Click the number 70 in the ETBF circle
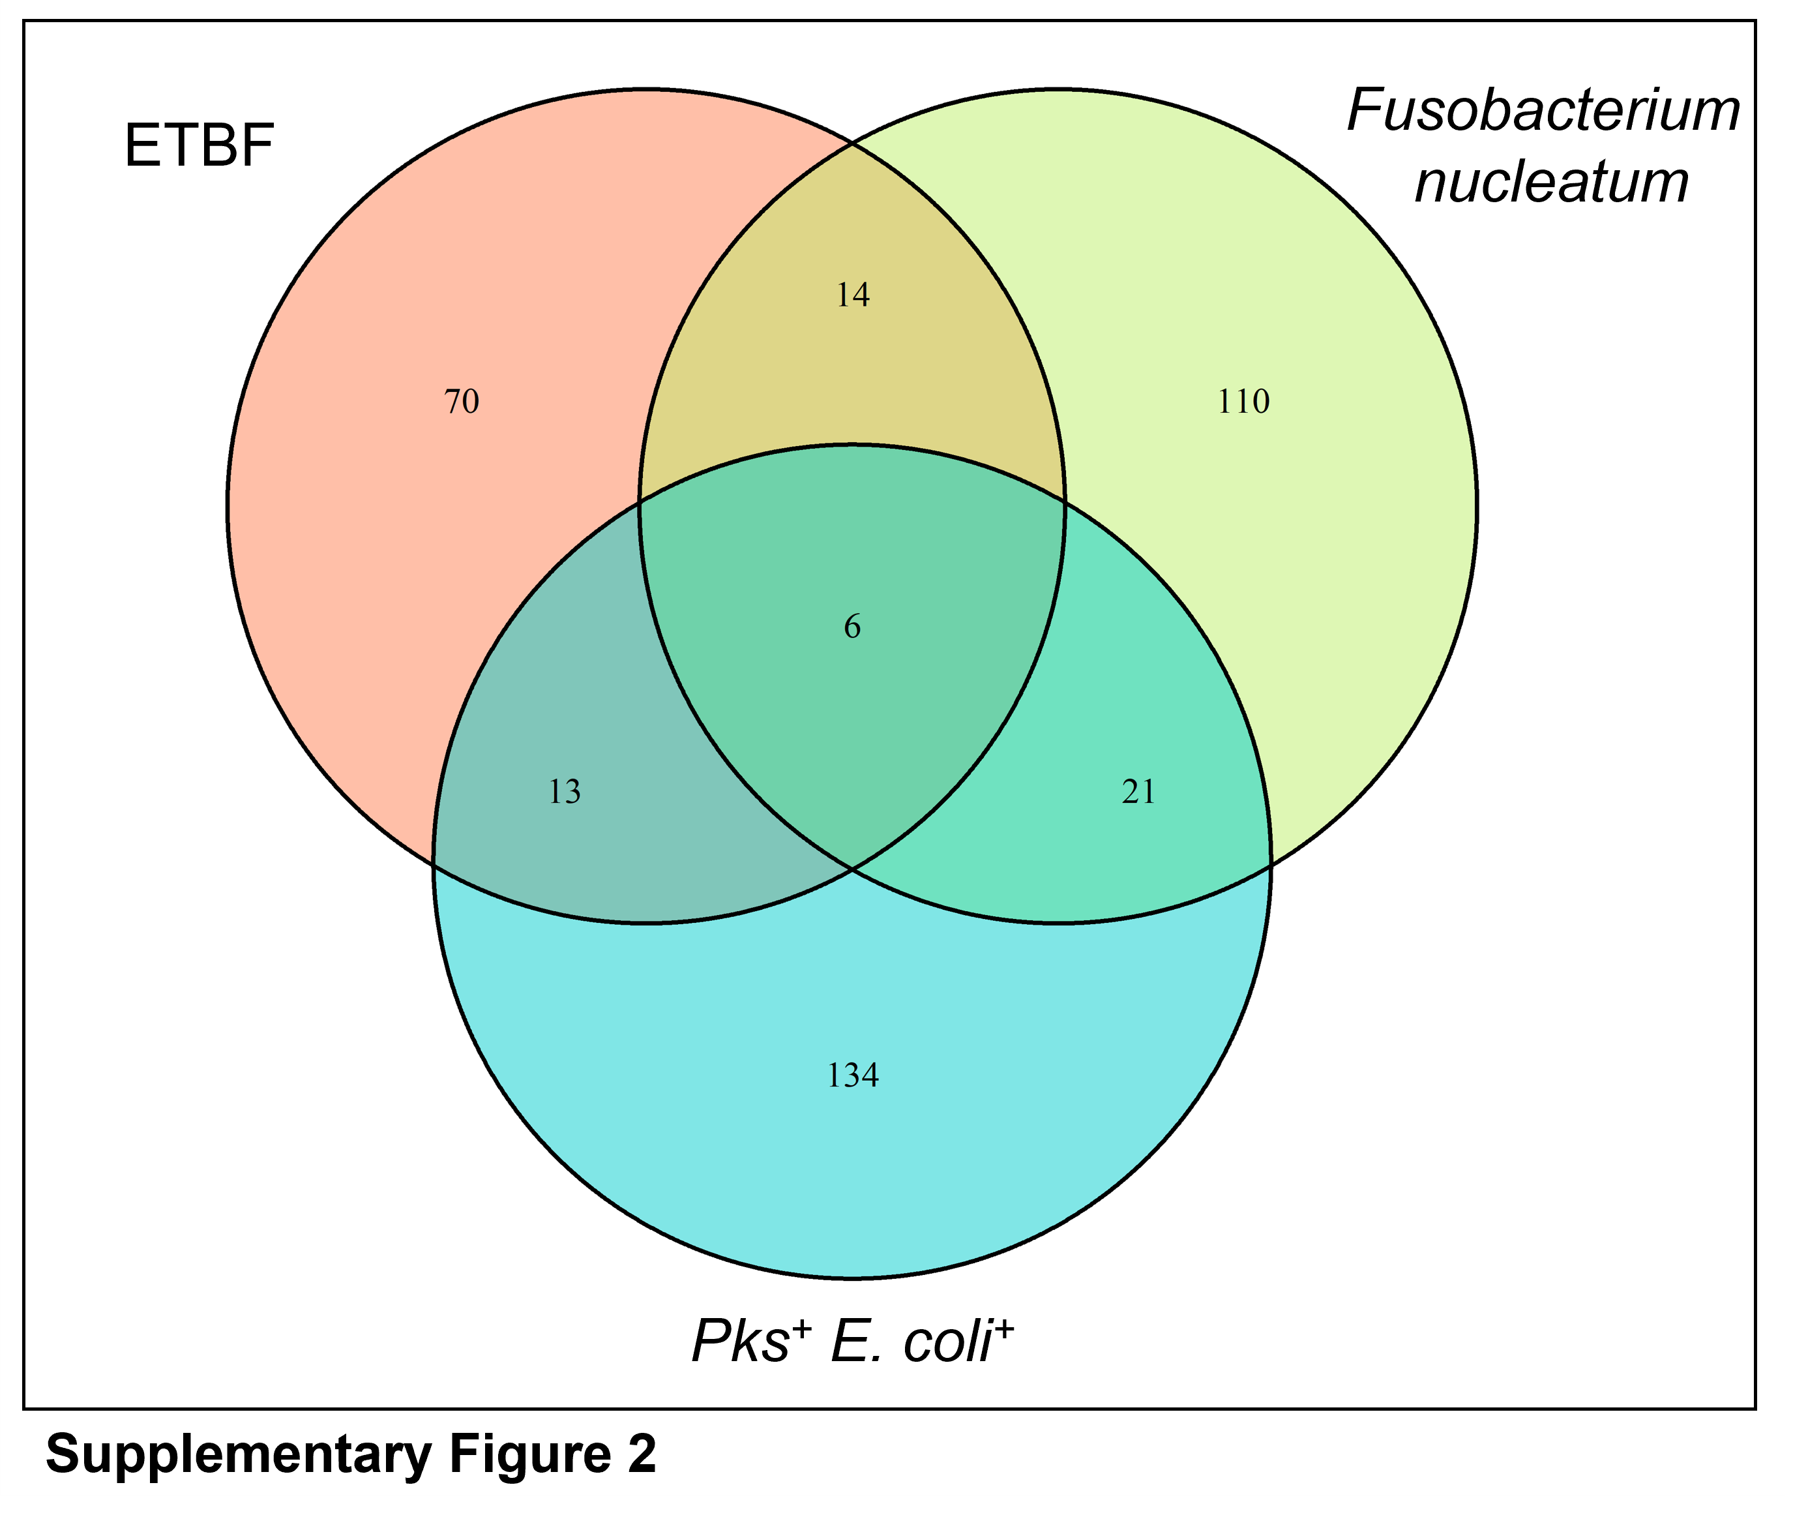(462, 402)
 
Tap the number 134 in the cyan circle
(853, 1076)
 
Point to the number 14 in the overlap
(853, 295)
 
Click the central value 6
(852, 627)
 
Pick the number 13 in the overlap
(565, 791)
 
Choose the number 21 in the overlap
(1139, 791)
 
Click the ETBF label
(200, 146)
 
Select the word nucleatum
(1552, 183)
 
